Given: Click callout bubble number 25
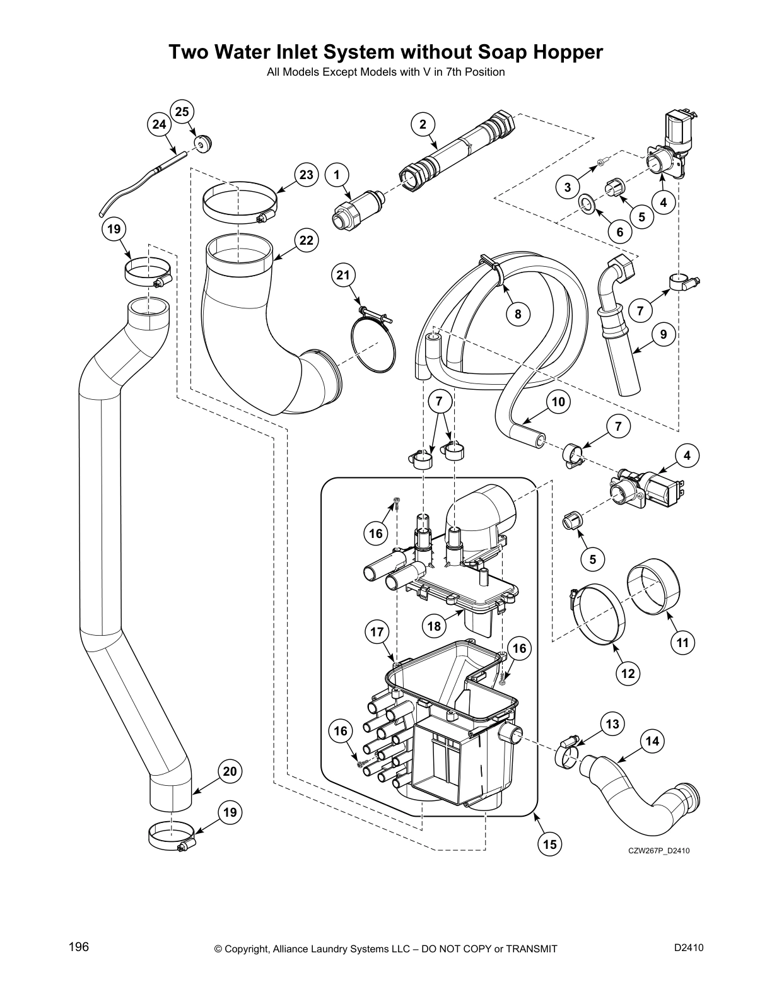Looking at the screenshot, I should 182,112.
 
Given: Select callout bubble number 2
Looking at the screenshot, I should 423,124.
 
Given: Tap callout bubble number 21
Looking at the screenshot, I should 342,274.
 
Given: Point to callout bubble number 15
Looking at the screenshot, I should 550,843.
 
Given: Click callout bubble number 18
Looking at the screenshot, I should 434,626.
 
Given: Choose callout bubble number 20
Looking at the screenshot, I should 230,771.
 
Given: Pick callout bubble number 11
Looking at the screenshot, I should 682,643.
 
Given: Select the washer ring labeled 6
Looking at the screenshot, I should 587,204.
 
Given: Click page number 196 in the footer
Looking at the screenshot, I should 78,947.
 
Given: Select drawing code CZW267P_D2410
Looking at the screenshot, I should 658,851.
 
